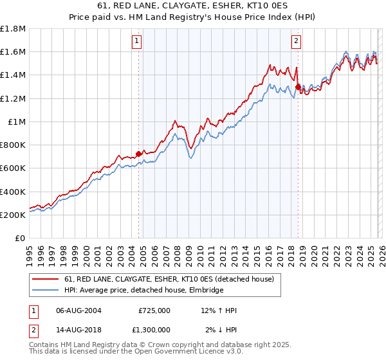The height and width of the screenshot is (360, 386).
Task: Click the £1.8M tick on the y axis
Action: [x=13, y=29]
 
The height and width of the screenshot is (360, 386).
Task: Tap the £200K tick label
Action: [x=13, y=215]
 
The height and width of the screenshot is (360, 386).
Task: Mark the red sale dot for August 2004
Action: [x=138, y=154]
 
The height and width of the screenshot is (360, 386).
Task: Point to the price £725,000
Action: [x=154, y=310]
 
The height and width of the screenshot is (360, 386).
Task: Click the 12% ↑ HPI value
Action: [x=219, y=310]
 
